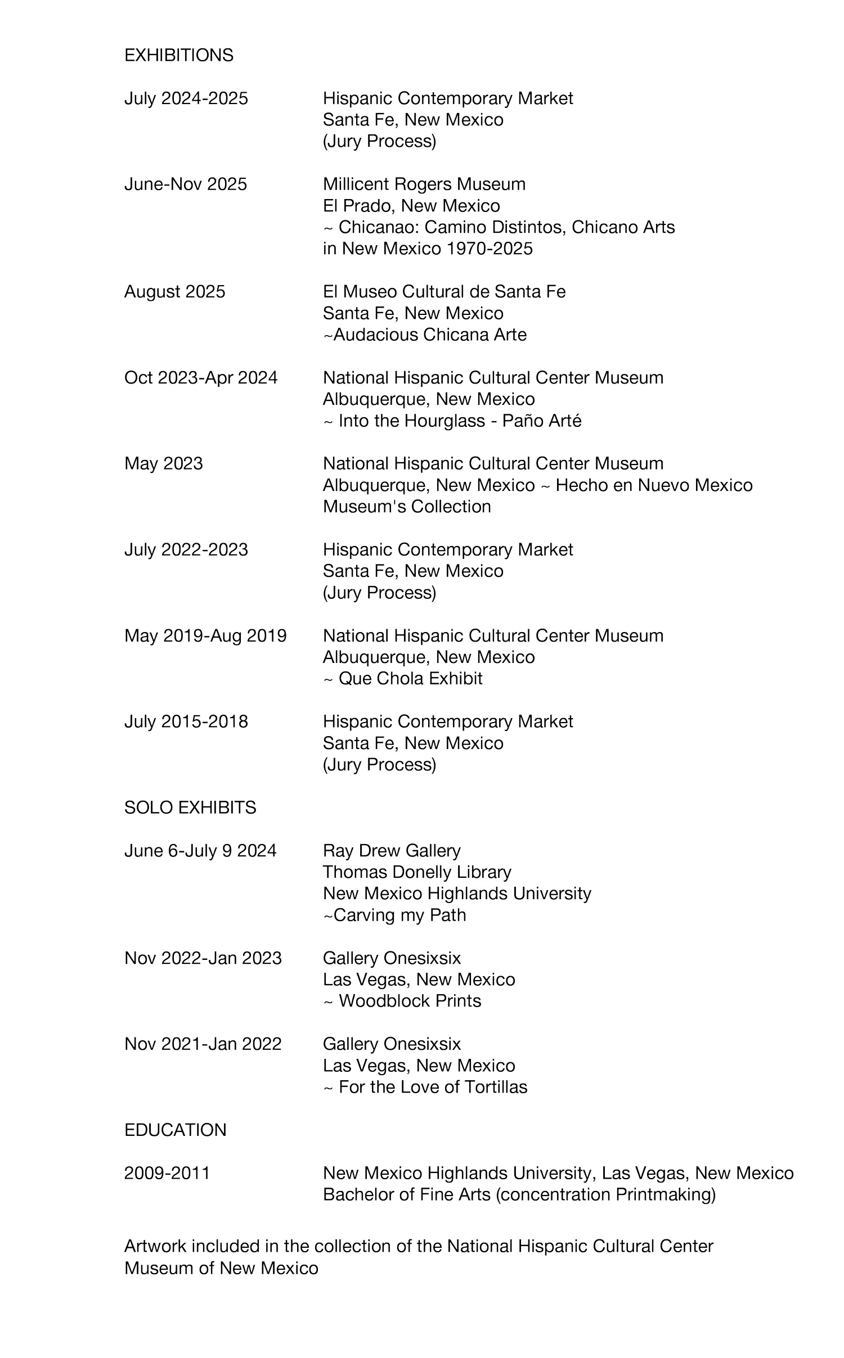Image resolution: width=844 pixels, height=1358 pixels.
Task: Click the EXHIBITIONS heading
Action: [x=178, y=55]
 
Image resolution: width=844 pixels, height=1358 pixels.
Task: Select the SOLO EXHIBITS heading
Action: [x=190, y=807]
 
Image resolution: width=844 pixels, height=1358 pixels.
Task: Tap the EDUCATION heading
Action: [x=175, y=1130]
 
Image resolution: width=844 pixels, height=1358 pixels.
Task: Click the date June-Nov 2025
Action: [x=185, y=184]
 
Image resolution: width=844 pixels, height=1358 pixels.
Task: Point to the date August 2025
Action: [x=174, y=291]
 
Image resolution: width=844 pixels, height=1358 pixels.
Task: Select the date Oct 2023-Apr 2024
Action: [x=201, y=377]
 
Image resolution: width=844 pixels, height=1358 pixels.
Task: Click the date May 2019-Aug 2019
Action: [x=205, y=635]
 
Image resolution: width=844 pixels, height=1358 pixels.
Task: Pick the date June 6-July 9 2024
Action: [x=200, y=850]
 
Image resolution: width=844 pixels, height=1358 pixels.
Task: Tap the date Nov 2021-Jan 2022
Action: [x=203, y=1044]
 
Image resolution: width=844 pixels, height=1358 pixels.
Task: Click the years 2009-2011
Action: [x=167, y=1172]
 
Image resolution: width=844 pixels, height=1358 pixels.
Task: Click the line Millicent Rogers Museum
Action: [x=424, y=184]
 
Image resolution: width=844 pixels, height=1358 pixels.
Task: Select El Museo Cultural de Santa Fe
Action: [x=444, y=291]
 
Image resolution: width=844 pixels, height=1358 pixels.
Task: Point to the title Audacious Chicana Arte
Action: [x=430, y=335]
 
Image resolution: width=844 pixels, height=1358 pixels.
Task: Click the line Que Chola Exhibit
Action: [x=410, y=678]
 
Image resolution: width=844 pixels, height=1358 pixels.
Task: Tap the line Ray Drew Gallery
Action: [x=392, y=850]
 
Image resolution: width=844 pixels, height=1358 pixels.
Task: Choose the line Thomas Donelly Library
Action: [x=417, y=872]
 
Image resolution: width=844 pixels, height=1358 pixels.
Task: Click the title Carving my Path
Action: [x=399, y=915]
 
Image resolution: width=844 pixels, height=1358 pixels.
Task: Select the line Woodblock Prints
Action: [x=410, y=1000]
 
